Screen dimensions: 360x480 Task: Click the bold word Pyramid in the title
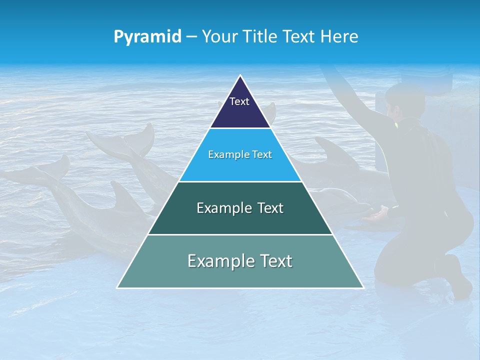[147, 36]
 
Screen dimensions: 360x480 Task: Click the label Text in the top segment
[239, 101]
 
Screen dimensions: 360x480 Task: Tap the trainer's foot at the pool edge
[460, 280]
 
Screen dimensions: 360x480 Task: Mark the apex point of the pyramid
[240, 75]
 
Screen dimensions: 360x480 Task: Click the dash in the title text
[191, 37]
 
